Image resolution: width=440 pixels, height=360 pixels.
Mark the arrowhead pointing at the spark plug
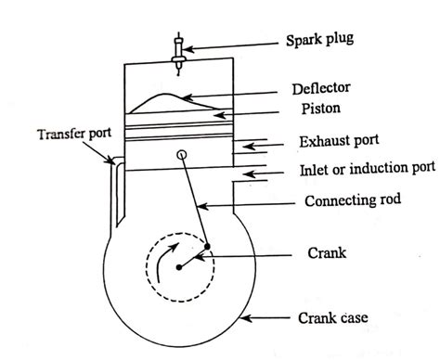[190, 42]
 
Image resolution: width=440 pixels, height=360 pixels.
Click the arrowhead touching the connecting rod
[200, 200]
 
